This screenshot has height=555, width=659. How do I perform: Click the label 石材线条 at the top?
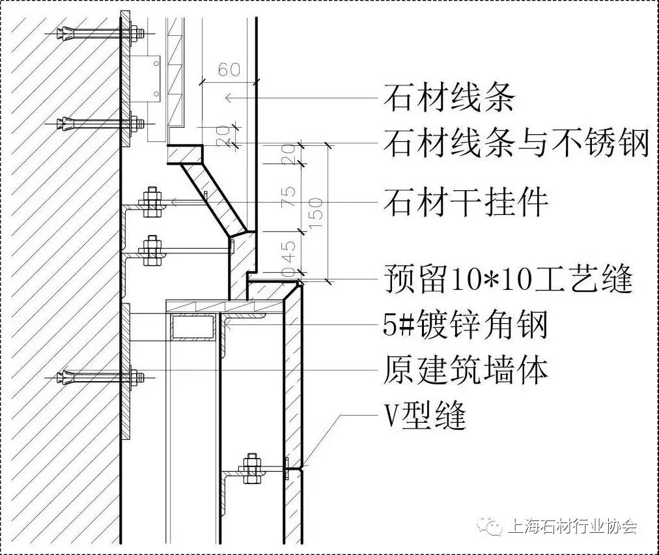pos(449,98)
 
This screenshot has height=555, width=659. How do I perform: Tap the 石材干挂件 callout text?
pos(466,202)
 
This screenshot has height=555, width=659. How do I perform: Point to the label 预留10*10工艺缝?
pos(509,279)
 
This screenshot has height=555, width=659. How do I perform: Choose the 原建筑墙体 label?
pos(466,370)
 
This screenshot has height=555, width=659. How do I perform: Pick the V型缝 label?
pos(425,416)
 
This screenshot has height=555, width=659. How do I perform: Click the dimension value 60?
pos(229,69)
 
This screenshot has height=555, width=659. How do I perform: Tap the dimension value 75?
pos(290,196)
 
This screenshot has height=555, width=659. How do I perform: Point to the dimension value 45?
pos(290,251)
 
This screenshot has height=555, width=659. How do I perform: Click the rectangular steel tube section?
pos(193,326)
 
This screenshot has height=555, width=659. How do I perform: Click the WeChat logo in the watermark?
pos(492,526)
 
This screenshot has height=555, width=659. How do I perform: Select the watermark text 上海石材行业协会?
pos(572,526)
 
